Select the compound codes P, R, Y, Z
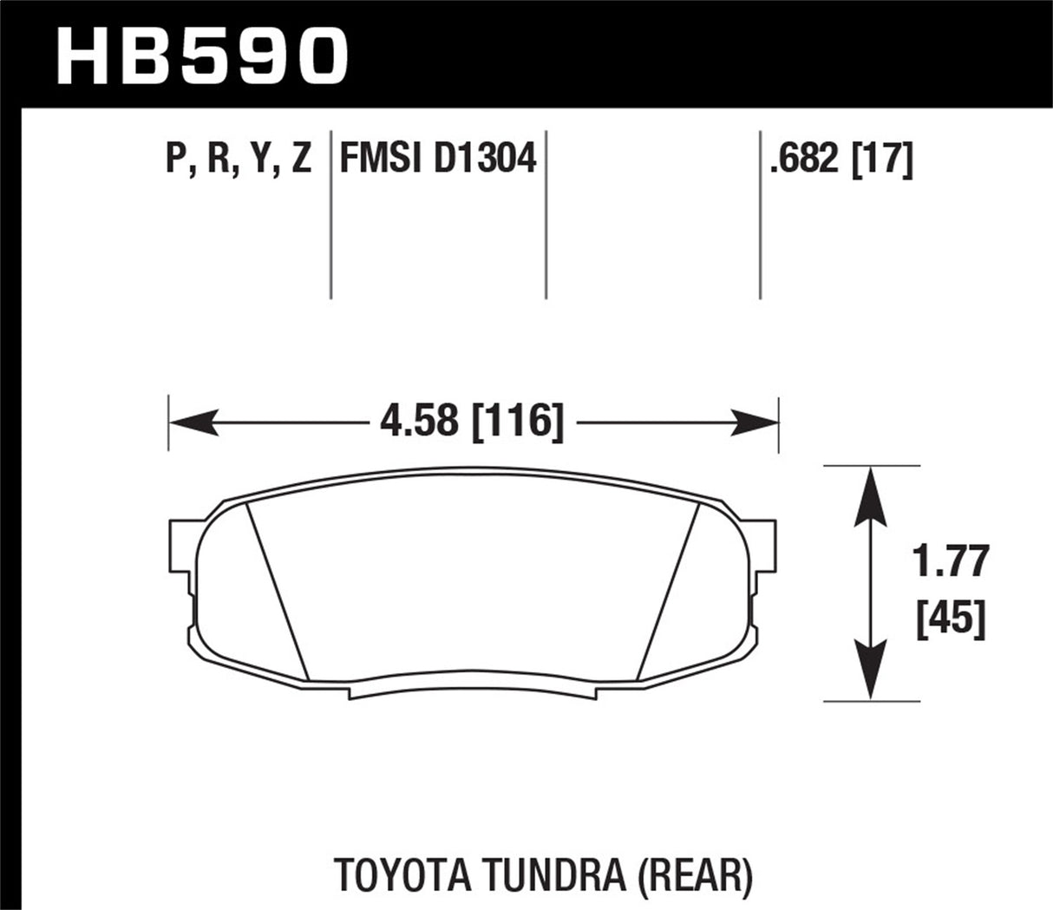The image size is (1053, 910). pos(238,160)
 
